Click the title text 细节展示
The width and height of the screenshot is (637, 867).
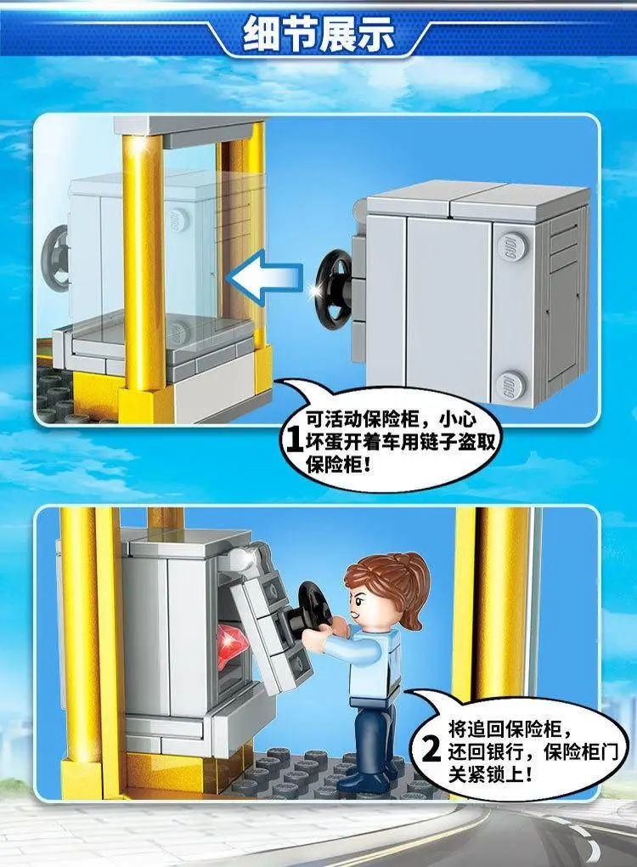(x=318, y=34)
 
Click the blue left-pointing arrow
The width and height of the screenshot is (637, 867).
(x=267, y=276)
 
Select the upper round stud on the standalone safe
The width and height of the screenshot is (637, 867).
(x=512, y=244)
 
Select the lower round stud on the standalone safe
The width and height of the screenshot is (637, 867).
(x=512, y=382)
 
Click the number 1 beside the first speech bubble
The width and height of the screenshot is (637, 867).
(x=293, y=441)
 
